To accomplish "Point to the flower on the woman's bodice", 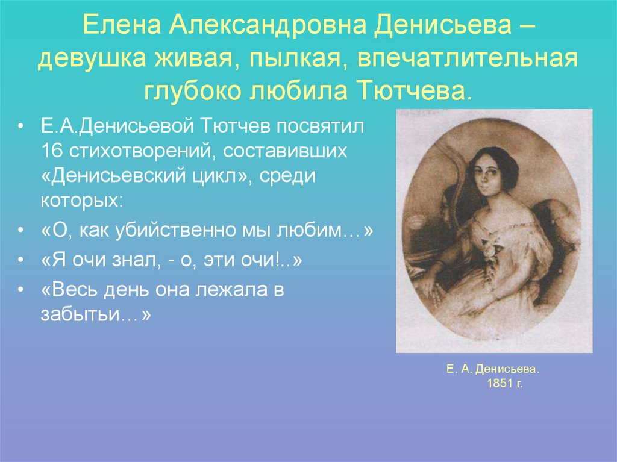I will pyautogui.click(x=487, y=245).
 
